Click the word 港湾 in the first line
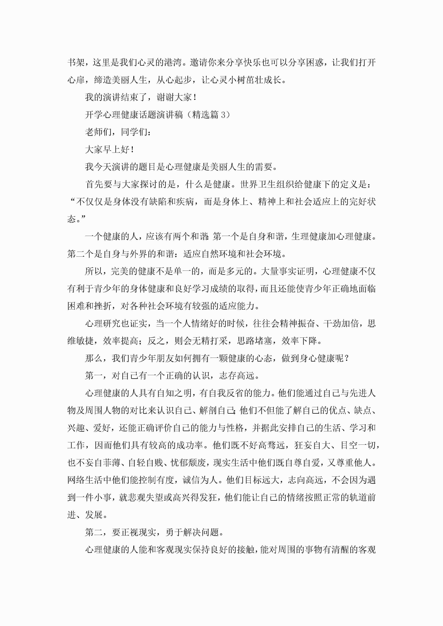[173, 62]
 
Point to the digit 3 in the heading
[223, 115]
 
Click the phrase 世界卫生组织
[267, 185]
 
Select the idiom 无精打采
[210, 341]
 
